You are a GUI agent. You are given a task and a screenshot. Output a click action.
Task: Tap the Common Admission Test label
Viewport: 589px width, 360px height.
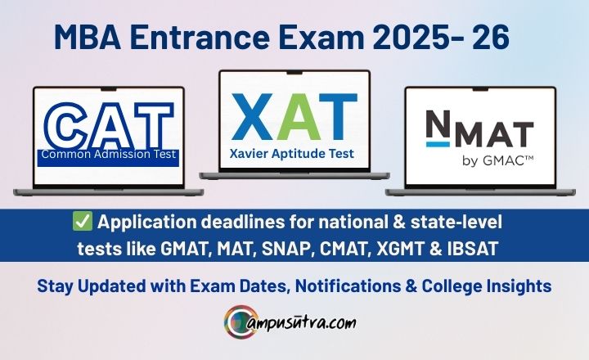coord(108,153)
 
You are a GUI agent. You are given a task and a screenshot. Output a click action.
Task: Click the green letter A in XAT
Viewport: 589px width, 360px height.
coord(293,116)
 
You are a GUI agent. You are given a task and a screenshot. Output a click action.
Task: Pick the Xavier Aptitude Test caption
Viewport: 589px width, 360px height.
coord(294,151)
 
